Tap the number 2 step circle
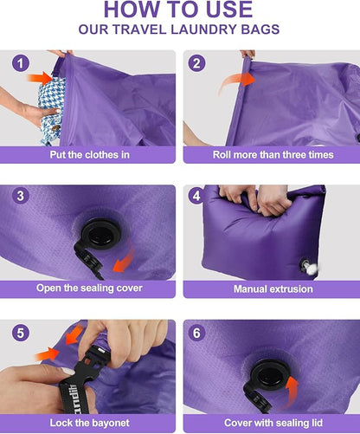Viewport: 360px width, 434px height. tap(198, 63)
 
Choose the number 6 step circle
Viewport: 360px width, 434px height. tap(198, 333)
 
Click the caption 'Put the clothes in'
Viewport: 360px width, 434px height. tap(90, 155)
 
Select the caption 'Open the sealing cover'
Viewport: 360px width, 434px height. tap(90, 288)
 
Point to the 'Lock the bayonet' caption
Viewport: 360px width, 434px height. tap(90, 424)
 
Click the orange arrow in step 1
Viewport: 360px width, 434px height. tap(42, 78)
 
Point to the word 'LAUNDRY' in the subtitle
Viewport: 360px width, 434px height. tap(211, 29)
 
